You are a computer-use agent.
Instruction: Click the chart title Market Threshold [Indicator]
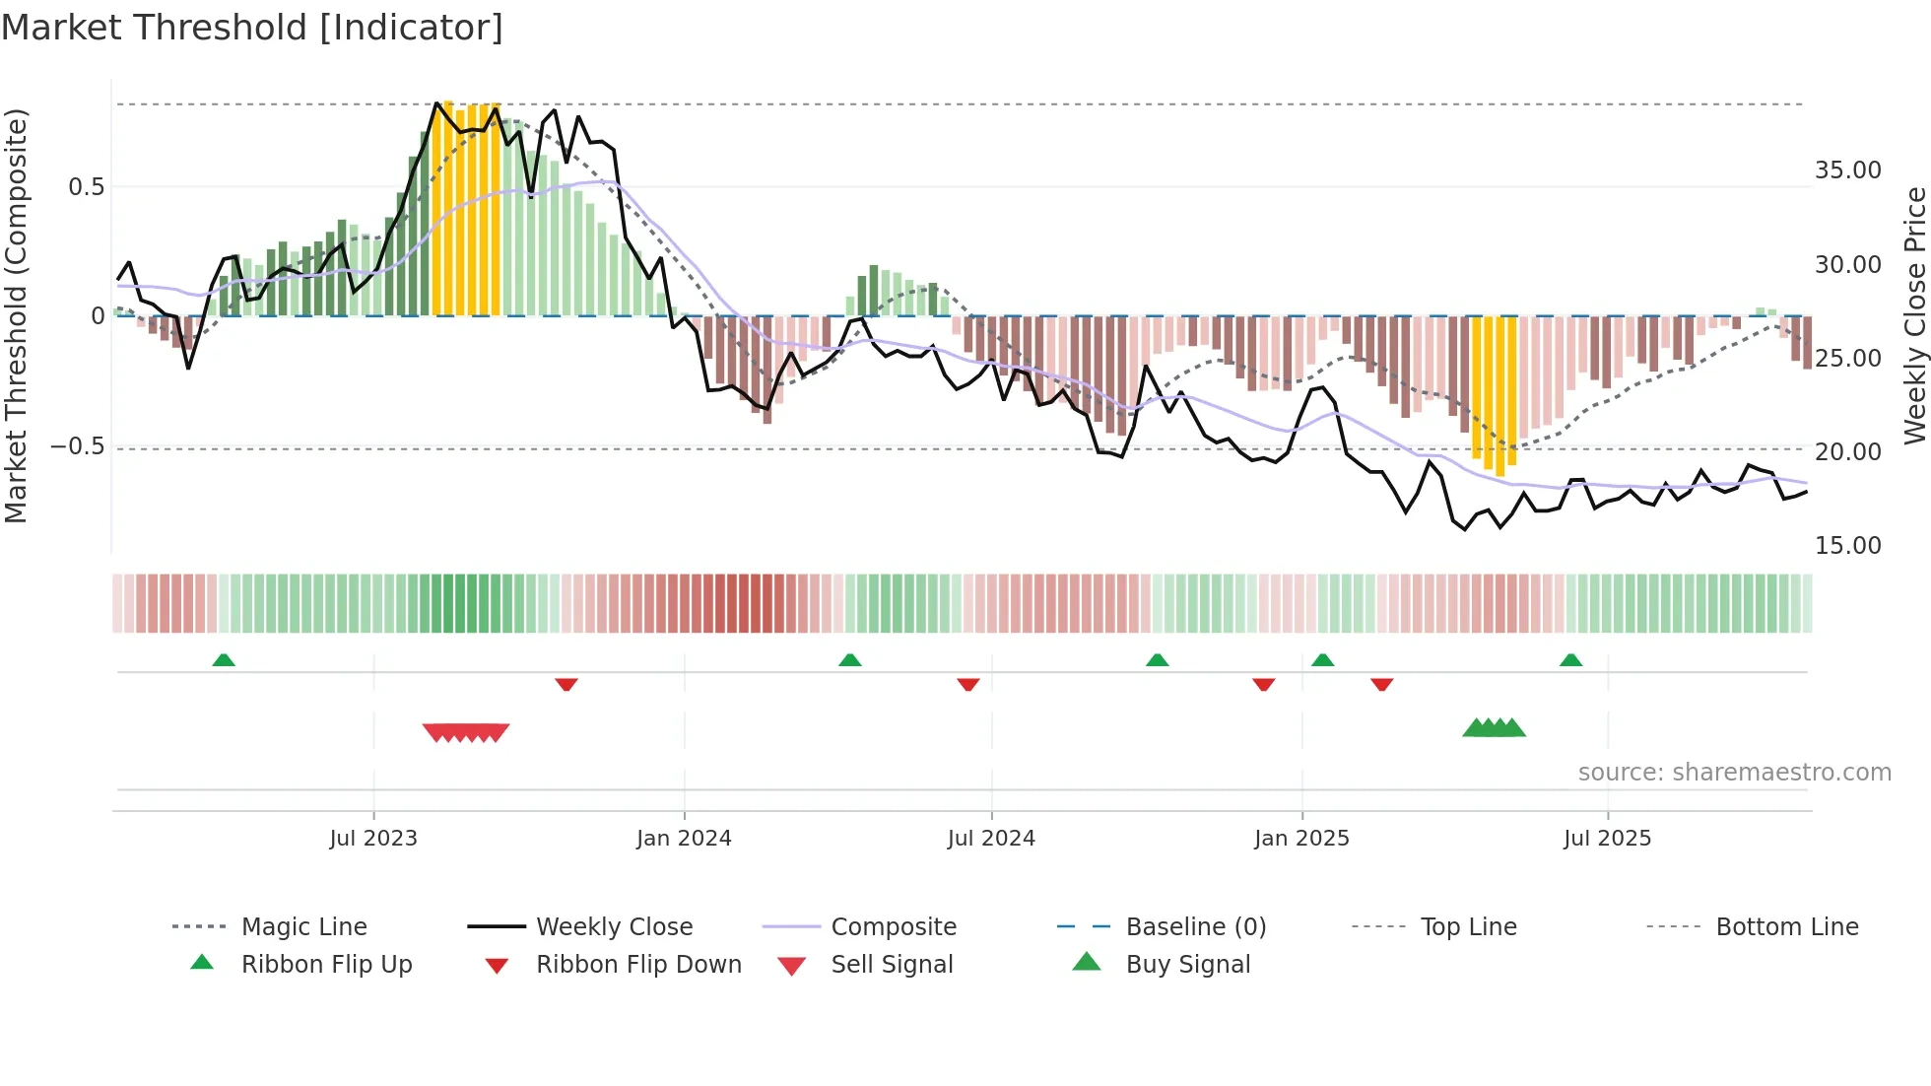252,28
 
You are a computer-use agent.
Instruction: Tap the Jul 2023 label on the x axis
373,839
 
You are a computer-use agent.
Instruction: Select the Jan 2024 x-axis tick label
684,839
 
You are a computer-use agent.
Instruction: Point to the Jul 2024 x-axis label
991,839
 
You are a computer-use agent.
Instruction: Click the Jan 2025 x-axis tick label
1301,839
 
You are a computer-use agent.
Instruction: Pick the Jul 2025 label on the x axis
1607,839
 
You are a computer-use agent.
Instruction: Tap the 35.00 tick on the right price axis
1847,170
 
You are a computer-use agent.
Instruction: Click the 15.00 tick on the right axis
1847,546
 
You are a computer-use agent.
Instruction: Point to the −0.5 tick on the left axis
78,446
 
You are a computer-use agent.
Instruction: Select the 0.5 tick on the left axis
86,187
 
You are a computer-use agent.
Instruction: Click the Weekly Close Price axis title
1914,315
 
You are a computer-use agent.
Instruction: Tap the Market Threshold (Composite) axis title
16,315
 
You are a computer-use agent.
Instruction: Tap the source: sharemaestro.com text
1734,773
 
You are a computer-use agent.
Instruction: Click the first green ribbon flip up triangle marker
224,660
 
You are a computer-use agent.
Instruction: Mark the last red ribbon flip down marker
1381,684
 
